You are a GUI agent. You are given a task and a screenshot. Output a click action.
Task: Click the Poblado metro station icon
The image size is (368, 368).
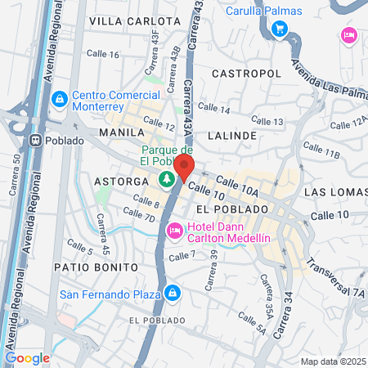(36, 140)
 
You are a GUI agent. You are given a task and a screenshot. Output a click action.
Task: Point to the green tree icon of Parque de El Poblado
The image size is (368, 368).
(167, 177)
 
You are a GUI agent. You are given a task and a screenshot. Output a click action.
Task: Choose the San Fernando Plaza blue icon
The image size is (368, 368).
(173, 293)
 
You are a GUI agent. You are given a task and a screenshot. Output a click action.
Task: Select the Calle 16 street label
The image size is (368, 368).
(103, 55)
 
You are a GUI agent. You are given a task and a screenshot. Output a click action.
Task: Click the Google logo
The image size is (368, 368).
(27, 357)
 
